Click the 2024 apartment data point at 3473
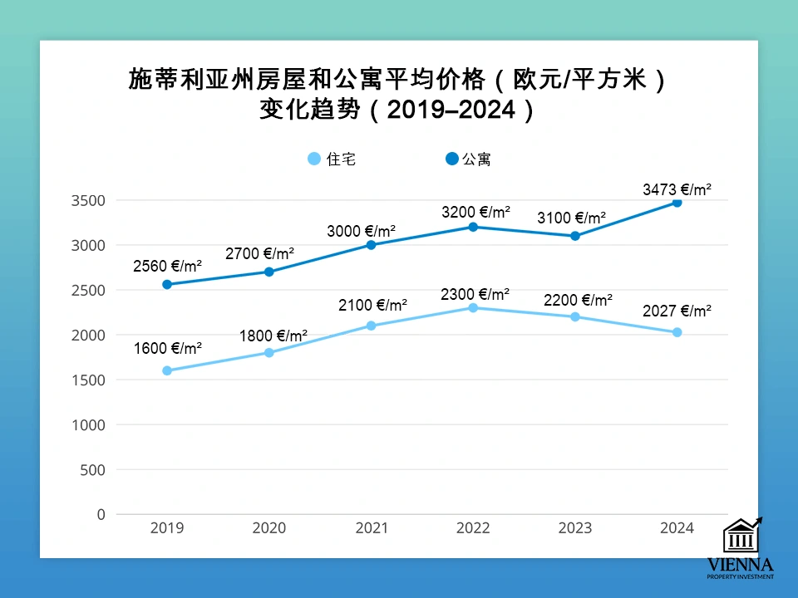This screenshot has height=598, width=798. click(x=677, y=203)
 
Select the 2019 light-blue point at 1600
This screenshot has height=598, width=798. click(x=167, y=370)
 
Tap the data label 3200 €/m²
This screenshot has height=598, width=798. click(x=475, y=212)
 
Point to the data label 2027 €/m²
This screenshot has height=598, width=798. click(x=677, y=311)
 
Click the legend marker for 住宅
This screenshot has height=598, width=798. click(x=313, y=159)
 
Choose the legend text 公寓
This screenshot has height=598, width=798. click(x=477, y=159)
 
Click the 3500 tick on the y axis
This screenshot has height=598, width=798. click(x=88, y=200)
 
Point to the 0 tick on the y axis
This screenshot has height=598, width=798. click(x=101, y=514)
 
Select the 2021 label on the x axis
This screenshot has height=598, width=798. click(x=371, y=528)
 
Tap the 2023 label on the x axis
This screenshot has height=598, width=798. click(x=574, y=528)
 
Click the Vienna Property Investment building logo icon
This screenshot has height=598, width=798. click(x=741, y=537)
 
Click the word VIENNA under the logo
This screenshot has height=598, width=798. click(x=740, y=565)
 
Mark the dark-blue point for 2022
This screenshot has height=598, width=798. click(x=473, y=227)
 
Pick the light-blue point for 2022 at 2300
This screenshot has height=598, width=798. click(x=473, y=307)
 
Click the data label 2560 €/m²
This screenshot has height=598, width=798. click(x=167, y=267)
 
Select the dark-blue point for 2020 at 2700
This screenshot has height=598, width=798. click(x=269, y=272)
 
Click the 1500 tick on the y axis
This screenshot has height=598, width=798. click(x=88, y=380)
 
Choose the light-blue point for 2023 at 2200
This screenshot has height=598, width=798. click(x=574, y=316)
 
